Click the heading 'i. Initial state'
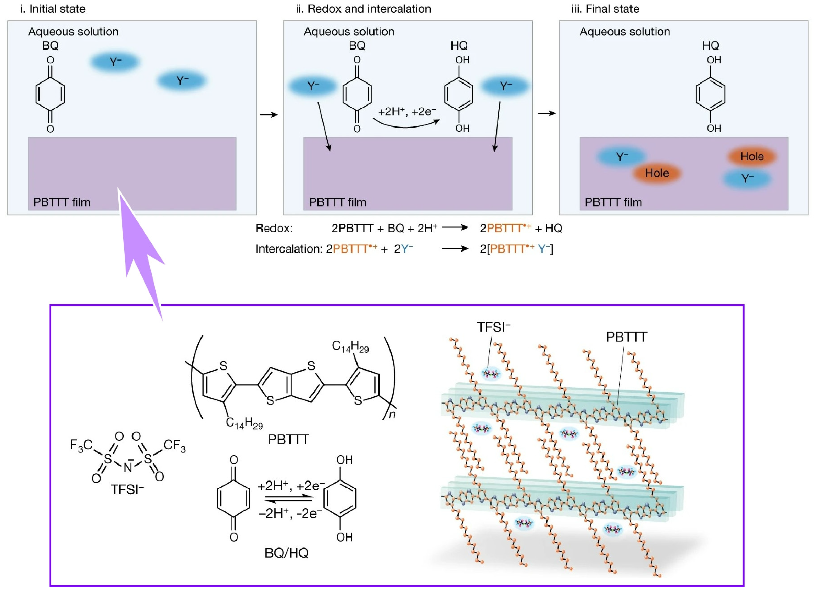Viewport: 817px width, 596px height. pos(53,9)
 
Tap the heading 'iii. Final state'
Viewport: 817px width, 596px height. pos(605,9)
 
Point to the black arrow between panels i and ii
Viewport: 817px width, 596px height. pos(269,115)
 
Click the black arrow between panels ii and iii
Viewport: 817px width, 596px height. pos(547,113)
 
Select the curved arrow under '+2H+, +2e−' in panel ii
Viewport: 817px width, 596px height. pos(406,124)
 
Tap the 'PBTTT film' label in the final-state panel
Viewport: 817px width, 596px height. pos(613,202)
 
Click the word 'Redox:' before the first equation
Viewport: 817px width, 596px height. pos(274,228)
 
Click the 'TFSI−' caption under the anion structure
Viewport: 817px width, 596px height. pos(127,489)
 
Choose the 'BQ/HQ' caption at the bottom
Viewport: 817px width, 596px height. pos(287,553)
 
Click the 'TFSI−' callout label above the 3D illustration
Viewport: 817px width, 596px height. pos(493,327)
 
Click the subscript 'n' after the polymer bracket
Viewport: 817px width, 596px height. pos(392,414)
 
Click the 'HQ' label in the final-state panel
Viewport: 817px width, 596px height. pos(710,46)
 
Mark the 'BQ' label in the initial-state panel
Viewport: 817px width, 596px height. pos(50,46)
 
